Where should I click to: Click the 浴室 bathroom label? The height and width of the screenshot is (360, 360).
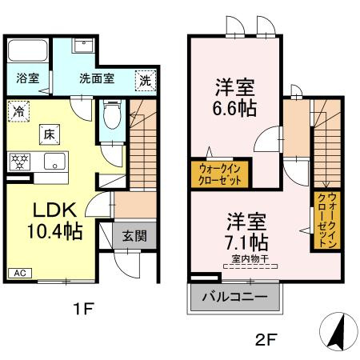click(x=26, y=78)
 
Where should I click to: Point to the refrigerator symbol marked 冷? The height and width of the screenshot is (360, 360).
click(x=18, y=113)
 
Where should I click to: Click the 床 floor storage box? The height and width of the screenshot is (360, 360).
click(x=49, y=134)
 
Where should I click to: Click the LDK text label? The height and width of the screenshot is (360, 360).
click(x=54, y=210)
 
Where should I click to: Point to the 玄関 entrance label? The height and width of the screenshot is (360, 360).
click(x=134, y=236)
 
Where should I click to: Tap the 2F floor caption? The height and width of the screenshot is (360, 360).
click(x=267, y=339)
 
